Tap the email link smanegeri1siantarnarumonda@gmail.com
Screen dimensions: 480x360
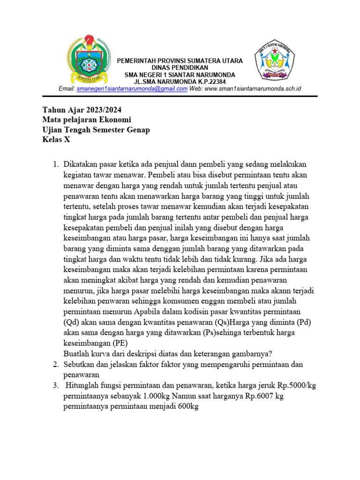(x=132, y=89)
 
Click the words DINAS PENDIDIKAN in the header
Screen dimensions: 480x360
(x=180, y=68)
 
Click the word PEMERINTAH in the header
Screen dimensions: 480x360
(x=138, y=61)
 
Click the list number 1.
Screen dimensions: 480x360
(x=55, y=165)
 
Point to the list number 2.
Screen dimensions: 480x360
(x=55, y=364)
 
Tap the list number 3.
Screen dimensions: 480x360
(x=55, y=385)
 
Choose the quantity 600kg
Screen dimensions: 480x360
(x=187, y=407)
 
